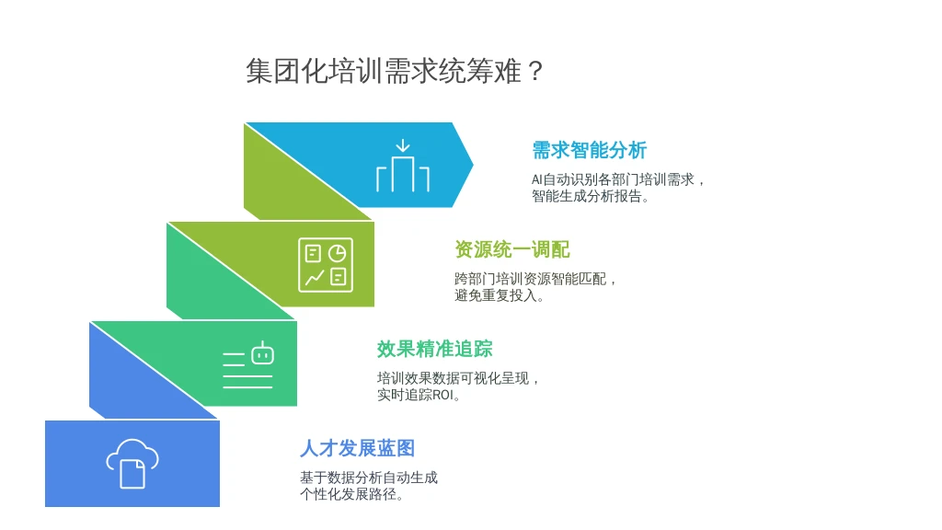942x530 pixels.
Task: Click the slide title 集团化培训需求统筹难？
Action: (x=394, y=71)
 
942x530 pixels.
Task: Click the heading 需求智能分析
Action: (x=590, y=150)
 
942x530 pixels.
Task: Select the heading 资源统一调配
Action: (x=511, y=249)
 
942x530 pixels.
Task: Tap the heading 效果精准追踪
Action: (x=435, y=349)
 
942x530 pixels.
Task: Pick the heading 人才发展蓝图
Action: (x=358, y=448)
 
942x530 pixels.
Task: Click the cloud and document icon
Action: (x=132, y=464)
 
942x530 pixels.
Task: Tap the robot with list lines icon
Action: (x=248, y=364)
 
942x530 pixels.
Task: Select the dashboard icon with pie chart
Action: (x=326, y=265)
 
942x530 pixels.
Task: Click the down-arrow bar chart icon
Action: (x=403, y=166)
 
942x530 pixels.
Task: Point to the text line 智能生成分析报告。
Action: (x=590, y=197)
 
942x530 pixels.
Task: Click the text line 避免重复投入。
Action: (x=499, y=295)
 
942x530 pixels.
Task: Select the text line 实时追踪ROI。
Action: (x=419, y=396)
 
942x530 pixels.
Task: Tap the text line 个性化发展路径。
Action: (x=351, y=494)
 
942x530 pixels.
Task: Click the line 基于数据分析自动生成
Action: (x=369, y=478)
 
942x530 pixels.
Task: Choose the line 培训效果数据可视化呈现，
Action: (x=458, y=378)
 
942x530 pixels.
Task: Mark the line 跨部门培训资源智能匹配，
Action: (x=535, y=279)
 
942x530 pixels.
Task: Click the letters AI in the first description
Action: (x=536, y=179)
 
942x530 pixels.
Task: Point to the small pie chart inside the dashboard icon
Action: (x=337, y=253)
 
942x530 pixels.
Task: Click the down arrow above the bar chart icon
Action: (x=403, y=146)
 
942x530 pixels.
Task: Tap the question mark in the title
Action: (x=536, y=72)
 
